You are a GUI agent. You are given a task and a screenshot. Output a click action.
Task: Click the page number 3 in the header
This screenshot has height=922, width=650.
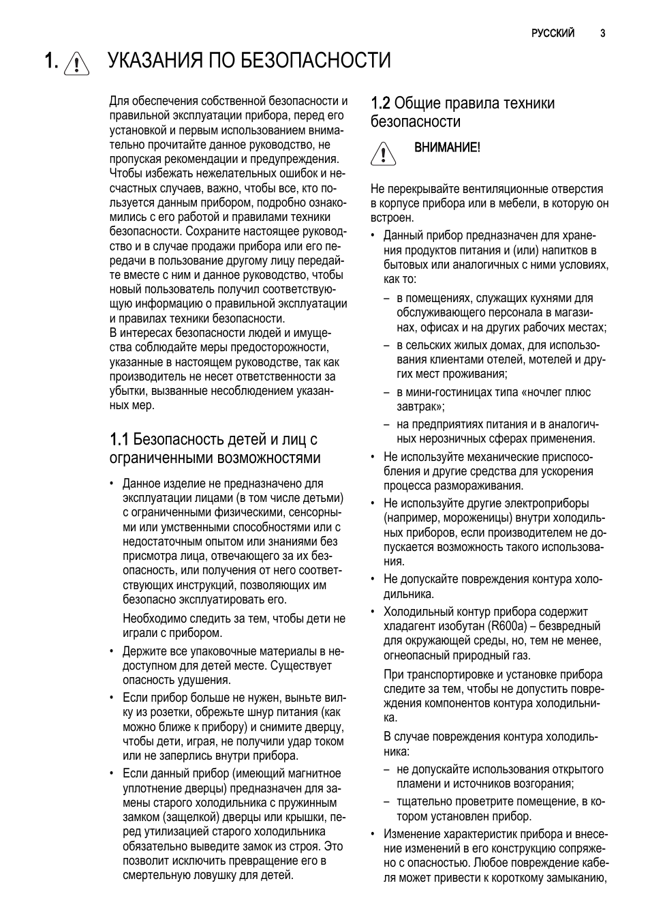tap(603, 33)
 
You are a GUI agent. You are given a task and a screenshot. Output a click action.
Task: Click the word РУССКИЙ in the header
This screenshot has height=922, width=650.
tap(553, 33)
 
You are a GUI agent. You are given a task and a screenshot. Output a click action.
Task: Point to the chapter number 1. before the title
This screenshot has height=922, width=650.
tap(52, 61)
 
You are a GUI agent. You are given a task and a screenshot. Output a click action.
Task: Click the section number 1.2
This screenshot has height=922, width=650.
tap(380, 104)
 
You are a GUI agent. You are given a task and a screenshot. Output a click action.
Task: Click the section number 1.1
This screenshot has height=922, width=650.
tap(119, 439)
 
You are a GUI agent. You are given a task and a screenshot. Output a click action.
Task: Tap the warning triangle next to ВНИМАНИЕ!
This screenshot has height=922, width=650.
tap(384, 153)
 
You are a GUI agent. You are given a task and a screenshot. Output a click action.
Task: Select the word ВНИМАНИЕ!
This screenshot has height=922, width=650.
tap(448, 147)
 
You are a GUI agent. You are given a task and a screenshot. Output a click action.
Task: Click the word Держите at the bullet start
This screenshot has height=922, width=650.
tap(142, 651)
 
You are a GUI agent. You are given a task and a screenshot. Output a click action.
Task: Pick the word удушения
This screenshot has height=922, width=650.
tap(206, 680)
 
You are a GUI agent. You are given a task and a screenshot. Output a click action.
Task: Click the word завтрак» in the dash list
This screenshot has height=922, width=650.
tap(420, 406)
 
